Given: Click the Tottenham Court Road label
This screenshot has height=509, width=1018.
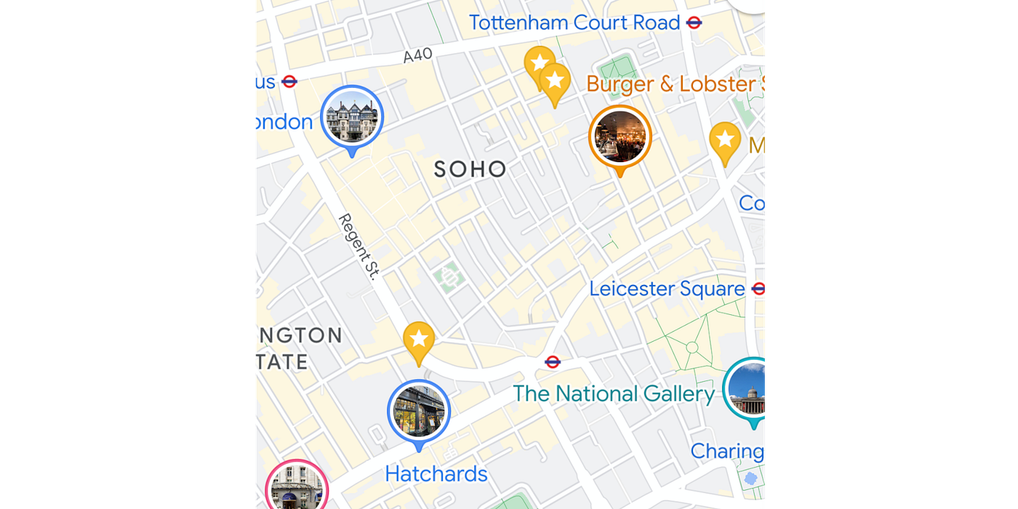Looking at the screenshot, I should pyautogui.click(x=574, y=23).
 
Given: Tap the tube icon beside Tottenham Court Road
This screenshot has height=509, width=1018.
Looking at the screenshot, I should pyautogui.click(x=694, y=23).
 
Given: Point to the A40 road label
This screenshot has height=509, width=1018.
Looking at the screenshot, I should pyautogui.click(x=417, y=55).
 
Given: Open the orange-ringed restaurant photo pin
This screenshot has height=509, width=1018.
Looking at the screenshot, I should pyautogui.click(x=620, y=136).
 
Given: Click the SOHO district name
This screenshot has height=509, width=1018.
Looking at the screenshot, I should pyautogui.click(x=470, y=169).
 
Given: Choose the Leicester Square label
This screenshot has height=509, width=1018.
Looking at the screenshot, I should pyautogui.click(x=667, y=289).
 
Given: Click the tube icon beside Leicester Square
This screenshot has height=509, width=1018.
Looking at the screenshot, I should pyautogui.click(x=759, y=289).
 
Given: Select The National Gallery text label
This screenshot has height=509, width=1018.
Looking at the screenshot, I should pyautogui.click(x=614, y=393).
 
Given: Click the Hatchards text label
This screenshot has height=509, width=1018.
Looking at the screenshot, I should pyautogui.click(x=436, y=474).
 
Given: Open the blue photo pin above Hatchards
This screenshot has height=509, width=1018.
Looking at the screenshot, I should pyautogui.click(x=419, y=411).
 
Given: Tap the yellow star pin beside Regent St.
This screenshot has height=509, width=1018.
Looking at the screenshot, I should pyautogui.click(x=419, y=339).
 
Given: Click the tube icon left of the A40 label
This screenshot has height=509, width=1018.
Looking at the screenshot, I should pyautogui.click(x=289, y=81).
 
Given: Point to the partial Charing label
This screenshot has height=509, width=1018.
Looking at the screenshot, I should pyautogui.click(x=727, y=451).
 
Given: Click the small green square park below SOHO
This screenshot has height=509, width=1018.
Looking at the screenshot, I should pyautogui.click(x=449, y=277).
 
